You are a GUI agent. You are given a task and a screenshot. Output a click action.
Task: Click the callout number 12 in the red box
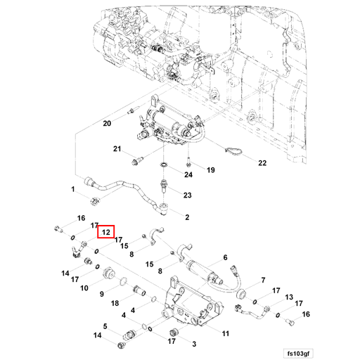point(106,231)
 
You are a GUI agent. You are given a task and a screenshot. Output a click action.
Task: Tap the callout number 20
point(107,124)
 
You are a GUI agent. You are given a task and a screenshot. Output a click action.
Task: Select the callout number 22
point(262,162)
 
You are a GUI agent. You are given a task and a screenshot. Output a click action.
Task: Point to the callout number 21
point(118,149)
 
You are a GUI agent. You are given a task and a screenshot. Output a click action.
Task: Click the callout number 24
point(188,174)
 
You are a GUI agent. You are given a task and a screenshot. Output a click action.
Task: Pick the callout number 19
point(210,170)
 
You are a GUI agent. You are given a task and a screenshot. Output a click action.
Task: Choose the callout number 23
point(188,195)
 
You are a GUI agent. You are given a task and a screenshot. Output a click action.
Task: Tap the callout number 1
point(72,189)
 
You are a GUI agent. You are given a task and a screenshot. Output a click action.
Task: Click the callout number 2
point(187,218)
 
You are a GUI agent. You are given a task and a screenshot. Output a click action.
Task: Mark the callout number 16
point(81,219)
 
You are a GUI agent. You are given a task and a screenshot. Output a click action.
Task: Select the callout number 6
point(226,258)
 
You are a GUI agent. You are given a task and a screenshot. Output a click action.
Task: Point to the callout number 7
point(262,280)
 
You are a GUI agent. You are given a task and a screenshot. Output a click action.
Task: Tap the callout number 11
point(225,333)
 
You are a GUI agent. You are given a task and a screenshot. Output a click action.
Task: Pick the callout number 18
point(115,304)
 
